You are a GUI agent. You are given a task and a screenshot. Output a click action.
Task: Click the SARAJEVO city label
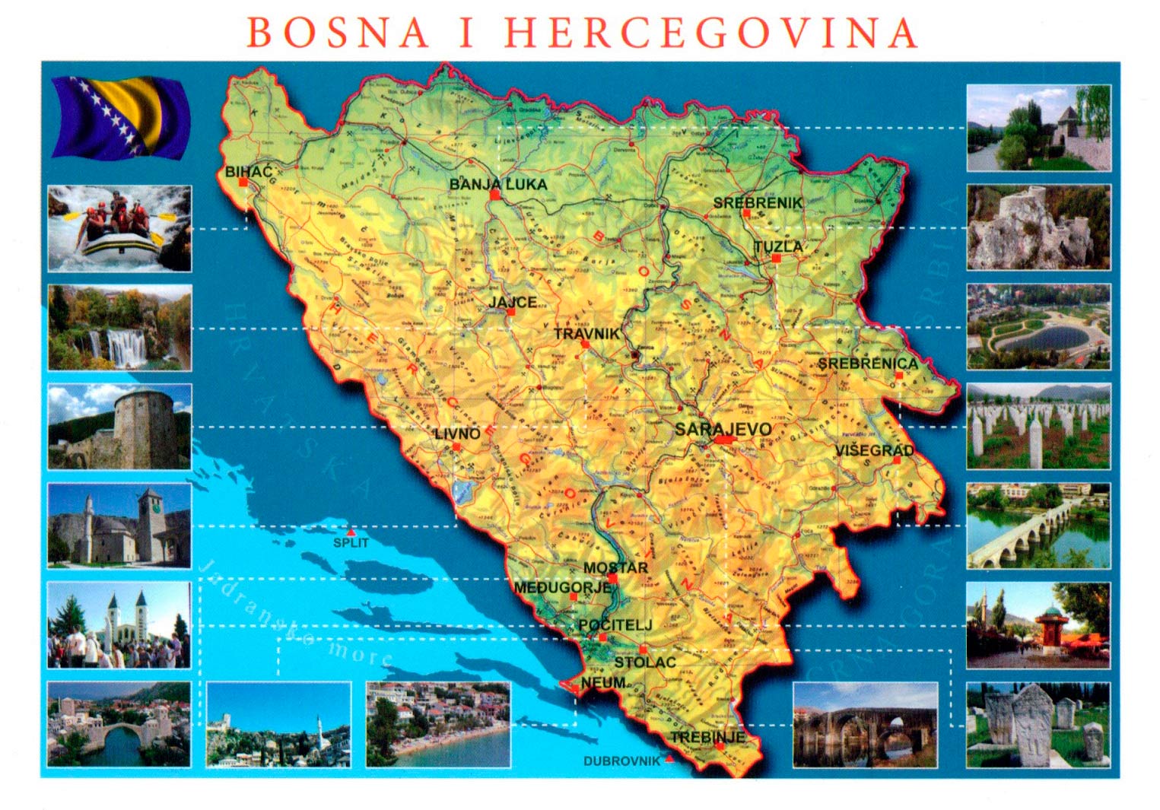(723, 429)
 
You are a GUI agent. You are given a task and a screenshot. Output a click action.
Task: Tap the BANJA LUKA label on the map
(497, 184)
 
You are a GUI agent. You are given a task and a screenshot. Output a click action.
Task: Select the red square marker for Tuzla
(776, 259)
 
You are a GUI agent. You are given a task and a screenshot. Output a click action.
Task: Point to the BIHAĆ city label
(248, 172)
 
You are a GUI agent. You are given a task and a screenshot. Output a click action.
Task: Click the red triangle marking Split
(351, 532)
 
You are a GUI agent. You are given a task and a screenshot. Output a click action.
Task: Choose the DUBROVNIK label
(621, 761)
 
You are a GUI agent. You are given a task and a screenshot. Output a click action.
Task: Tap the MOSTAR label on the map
(615, 567)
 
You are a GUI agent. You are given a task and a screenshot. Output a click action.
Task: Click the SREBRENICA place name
(867, 364)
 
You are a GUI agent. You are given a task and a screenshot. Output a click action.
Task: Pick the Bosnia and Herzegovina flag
(120, 117)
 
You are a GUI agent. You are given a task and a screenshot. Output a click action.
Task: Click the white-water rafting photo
(119, 228)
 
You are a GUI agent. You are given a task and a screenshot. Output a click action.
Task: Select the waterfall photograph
(119, 327)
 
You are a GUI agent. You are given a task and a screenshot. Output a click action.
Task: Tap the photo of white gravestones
(1038, 426)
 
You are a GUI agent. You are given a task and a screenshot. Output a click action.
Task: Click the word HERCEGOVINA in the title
(710, 33)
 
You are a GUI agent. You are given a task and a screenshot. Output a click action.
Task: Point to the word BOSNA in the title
(338, 33)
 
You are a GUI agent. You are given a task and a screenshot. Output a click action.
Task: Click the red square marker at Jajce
(511, 312)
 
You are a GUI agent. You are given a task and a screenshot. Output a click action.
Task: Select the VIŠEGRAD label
(874, 450)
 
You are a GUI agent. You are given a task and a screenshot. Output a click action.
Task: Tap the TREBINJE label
(707, 737)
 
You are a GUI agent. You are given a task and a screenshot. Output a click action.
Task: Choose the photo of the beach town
(438, 724)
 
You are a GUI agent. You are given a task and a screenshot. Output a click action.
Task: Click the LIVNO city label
(457, 434)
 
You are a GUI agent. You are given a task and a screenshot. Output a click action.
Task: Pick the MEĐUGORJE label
(563, 587)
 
